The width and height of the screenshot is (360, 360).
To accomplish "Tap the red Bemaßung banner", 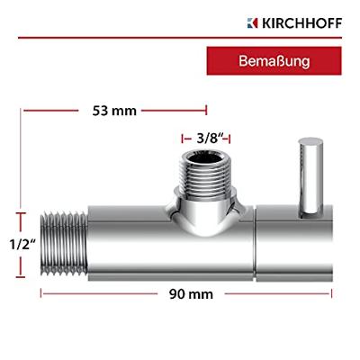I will click(274, 63).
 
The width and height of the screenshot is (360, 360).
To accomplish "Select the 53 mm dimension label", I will click(114, 111).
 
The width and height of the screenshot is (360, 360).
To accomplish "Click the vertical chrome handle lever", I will click(309, 175).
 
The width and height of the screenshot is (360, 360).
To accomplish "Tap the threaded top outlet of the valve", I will click(205, 173).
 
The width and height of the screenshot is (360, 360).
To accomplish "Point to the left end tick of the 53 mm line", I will click(24, 111).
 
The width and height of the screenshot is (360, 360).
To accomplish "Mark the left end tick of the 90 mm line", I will click(41, 294).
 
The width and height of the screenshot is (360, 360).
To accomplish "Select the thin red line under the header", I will click(180, 39).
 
